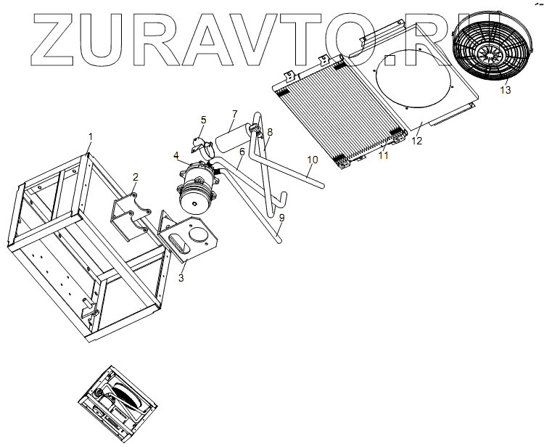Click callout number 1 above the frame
click(91, 136)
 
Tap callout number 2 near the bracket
click(135, 176)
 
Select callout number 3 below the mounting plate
click(181, 276)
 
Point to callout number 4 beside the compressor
click(176, 155)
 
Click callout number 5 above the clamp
click(203, 120)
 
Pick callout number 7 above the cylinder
click(234, 114)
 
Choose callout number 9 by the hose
click(281, 217)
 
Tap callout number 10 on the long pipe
click(312, 160)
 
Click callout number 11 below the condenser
click(384, 155)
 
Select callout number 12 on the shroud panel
click(416, 141)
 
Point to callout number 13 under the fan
click(506, 90)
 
